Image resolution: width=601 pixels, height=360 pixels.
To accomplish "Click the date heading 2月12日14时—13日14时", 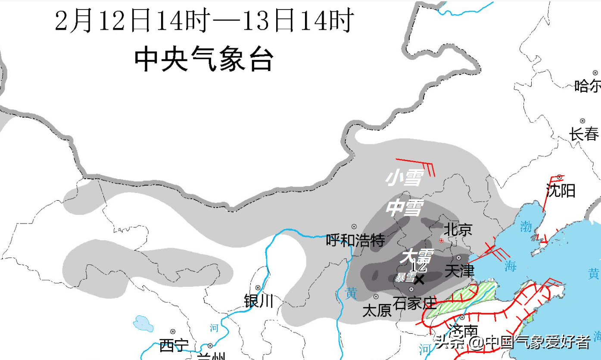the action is pyautogui.click(x=204, y=21).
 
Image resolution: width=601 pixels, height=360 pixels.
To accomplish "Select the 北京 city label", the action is pyautogui.click(x=458, y=229).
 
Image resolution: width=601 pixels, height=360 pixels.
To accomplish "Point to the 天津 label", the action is pyautogui.click(x=459, y=271).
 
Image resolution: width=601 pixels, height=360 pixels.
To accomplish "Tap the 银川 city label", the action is pyautogui.click(x=258, y=301).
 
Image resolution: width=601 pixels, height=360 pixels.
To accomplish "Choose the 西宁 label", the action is pyautogui.click(x=174, y=345).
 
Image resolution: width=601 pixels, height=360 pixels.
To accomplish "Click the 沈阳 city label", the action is pyautogui.click(x=561, y=190).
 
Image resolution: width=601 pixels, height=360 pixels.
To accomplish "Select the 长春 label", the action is pyautogui.click(x=584, y=134).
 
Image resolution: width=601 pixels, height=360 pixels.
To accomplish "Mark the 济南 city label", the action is pyautogui.click(x=463, y=331).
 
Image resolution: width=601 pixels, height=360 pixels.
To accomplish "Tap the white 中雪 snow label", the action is pyautogui.click(x=405, y=208).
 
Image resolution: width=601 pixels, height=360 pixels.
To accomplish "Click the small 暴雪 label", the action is pyautogui.click(x=405, y=278).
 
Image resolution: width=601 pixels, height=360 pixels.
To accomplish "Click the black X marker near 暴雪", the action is pyautogui.click(x=419, y=279).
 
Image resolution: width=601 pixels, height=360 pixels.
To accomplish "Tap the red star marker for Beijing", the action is pyautogui.click(x=441, y=241).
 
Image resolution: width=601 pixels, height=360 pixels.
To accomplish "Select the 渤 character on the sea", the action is pyautogui.click(x=526, y=227).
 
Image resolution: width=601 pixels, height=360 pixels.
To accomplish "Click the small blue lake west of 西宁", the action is pyautogui.click(x=143, y=323).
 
